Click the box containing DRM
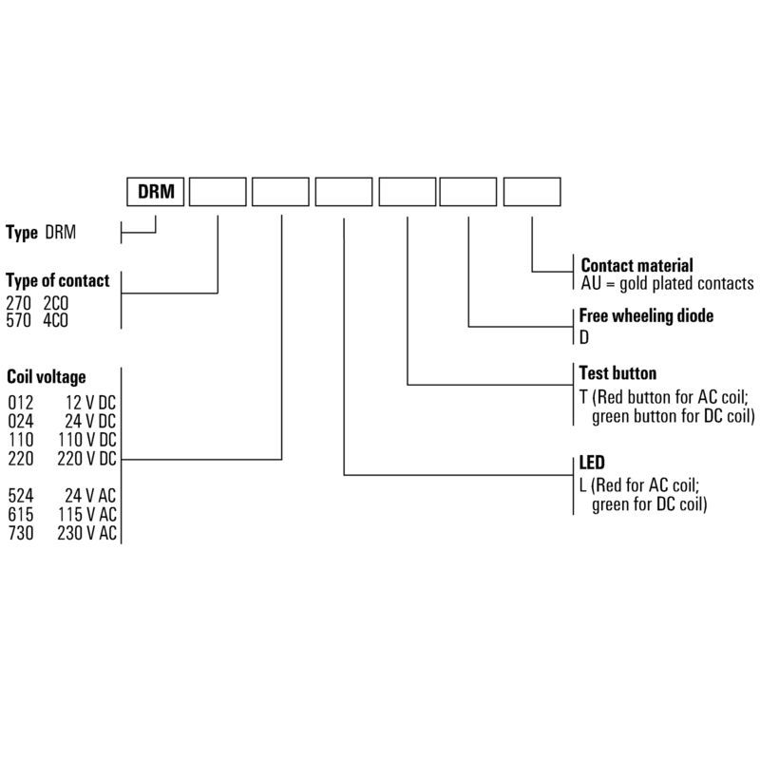pyautogui.click(x=155, y=192)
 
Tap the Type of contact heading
pyautogui.click(x=58, y=280)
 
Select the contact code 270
pyautogui.click(x=18, y=303)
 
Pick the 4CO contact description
pyautogui.click(x=55, y=320)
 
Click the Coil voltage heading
pyautogui.click(x=47, y=376)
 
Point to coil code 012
pyautogui.click(x=21, y=402)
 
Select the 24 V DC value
pyautogui.click(x=90, y=421)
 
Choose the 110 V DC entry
pyautogui.click(x=87, y=440)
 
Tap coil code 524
pyautogui.click(x=21, y=495)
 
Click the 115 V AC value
pyautogui.click(x=87, y=514)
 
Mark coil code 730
pyautogui.click(x=21, y=533)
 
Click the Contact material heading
pyautogui.click(x=636, y=265)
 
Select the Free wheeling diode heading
pyautogui.click(x=646, y=315)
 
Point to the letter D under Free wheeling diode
pyautogui.click(x=584, y=337)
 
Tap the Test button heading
pyautogui.click(x=618, y=372)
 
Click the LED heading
pyautogui.click(x=592, y=463)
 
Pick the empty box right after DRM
pyautogui.click(x=218, y=192)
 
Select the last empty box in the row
pyautogui.click(x=532, y=192)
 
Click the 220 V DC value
pyautogui.click(x=87, y=459)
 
